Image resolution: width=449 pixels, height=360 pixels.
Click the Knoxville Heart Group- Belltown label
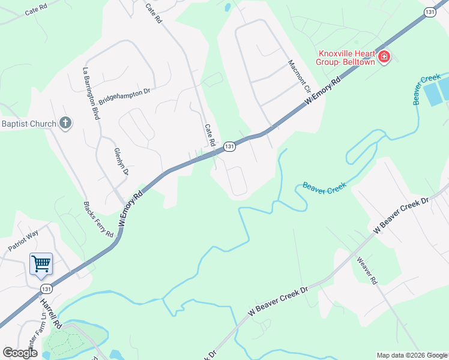[347, 58]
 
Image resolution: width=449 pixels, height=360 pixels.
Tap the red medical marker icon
[384, 58]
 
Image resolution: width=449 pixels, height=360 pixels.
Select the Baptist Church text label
[28, 124]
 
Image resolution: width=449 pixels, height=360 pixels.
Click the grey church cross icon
[65, 124]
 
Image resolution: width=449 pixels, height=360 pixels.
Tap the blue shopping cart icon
[41, 263]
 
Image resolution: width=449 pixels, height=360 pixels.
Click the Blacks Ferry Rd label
[98, 218]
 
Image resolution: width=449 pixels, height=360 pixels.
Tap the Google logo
[20, 353]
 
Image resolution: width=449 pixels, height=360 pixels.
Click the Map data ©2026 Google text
[412, 355]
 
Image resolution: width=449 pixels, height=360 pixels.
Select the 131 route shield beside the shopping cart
[46, 289]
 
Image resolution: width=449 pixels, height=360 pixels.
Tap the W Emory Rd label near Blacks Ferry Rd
[131, 208]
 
